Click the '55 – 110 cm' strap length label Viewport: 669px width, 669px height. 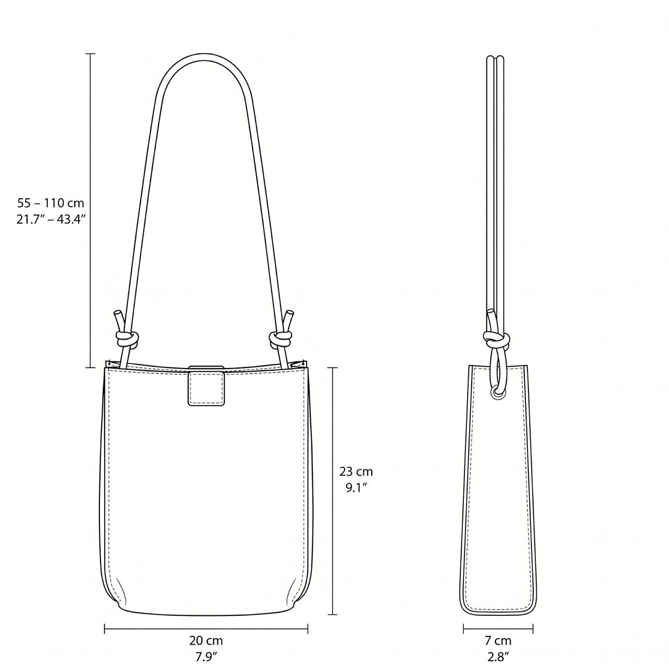point(51,203)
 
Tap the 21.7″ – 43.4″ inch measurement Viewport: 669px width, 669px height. point(51,220)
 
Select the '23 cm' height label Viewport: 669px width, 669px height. point(356,472)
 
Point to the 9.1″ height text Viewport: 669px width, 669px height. point(356,488)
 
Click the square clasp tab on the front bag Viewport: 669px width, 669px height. point(206,387)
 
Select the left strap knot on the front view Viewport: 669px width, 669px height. point(127,339)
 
